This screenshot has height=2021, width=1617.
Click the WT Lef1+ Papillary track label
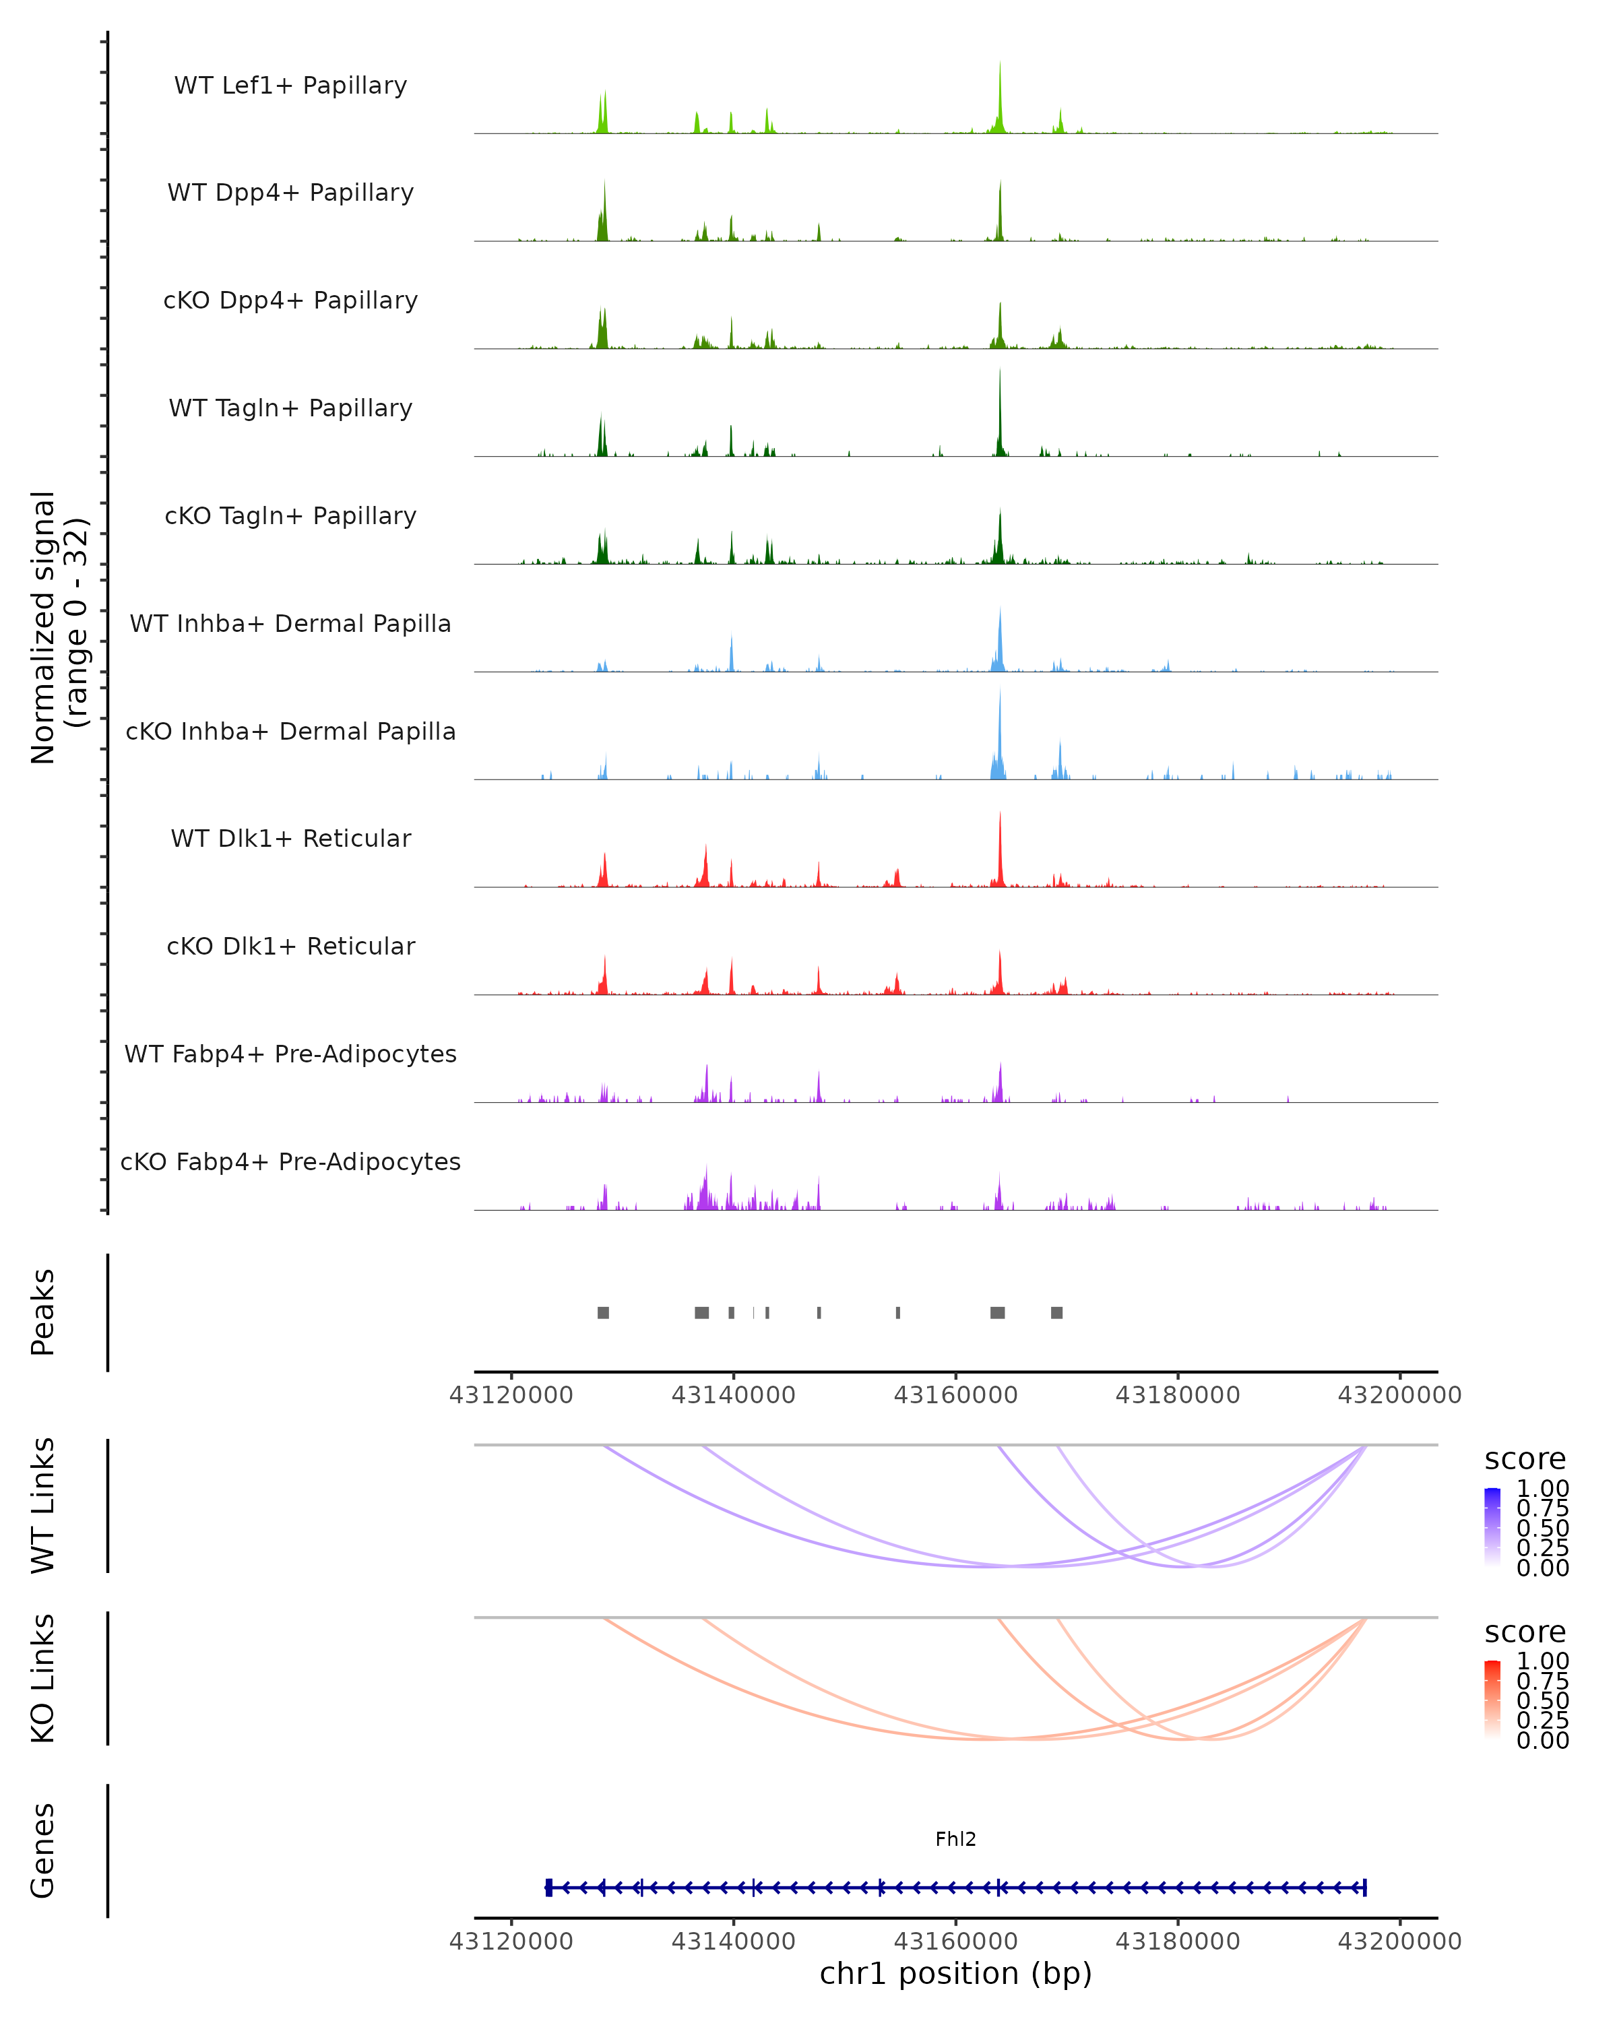pyautogui.click(x=290, y=86)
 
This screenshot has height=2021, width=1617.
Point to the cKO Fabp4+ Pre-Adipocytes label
pyautogui.click(x=290, y=1161)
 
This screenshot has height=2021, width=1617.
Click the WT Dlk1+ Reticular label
pyautogui.click(x=290, y=838)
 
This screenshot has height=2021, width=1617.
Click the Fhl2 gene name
pyautogui.click(x=955, y=1839)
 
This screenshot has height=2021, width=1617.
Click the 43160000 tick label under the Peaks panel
pyautogui.click(x=955, y=1395)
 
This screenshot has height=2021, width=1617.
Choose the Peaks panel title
pyautogui.click(x=43, y=1312)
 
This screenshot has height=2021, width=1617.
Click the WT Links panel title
pyautogui.click(x=43, y=1506)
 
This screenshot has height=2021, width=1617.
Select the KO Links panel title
pyautogui.click(x=43, y=1678)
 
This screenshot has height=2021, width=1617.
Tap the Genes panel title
pyautogui.click(x=43, y=1851)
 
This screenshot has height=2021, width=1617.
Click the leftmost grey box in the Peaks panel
pyautogui.click(x=604, y=1312)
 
